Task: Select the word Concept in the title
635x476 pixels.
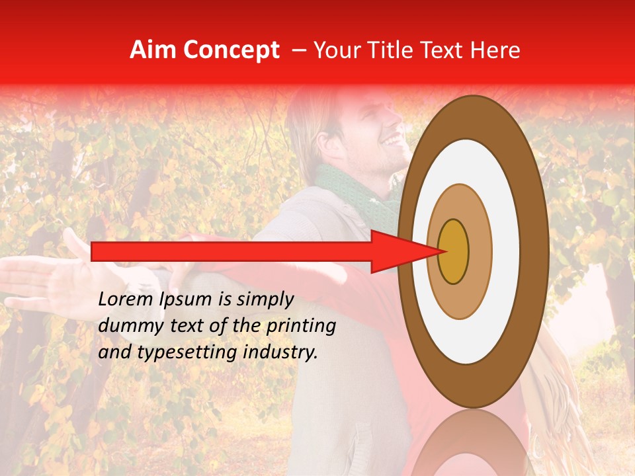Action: click(x=231, y=50)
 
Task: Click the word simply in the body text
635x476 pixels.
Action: click(x=265, y=299)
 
